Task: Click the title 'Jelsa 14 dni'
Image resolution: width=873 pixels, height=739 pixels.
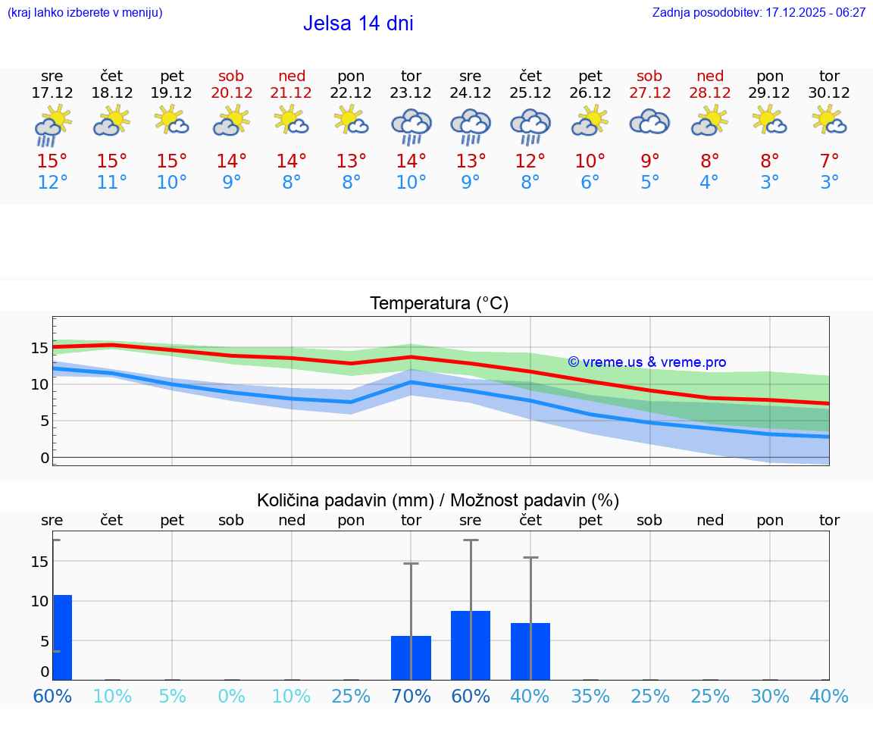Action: pyautogui.click(x=358, y=23)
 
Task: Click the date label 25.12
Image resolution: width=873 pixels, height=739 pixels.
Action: pyautogui.click(x=530, y=93)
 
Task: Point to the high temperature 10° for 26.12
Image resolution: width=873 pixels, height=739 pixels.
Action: pyautogui.click(x=590, y=161)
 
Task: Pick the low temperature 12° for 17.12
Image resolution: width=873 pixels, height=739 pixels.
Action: pyautogui.click(x=52, y=183)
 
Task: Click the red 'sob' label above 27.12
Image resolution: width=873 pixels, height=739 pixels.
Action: pyautogui.click(x=649, y=76)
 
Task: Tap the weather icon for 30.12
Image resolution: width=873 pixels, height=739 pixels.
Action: pyautogui.click(x=829, y=121)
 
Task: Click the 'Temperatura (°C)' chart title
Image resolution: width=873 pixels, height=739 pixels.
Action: pyautogui.click(x=439, y=304)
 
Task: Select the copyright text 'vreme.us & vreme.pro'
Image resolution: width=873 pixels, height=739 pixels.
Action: pyautogui.click(x=647, y=362)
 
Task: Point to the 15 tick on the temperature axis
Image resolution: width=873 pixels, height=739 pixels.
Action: pyautogui.click(x=39, y=348)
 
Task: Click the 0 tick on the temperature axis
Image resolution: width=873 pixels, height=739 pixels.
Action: pyautogui.click(x=44, y=458)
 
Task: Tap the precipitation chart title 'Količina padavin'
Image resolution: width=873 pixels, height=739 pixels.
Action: pyautogui.click(x=438, y=500)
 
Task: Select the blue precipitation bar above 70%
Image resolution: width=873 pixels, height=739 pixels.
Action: pyautogui.click(x=411, y=658)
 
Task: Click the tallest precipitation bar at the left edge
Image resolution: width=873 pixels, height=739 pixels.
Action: pyautogui.click(x=62, y=637)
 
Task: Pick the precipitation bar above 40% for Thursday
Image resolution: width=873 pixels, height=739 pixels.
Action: pyautogui.click(x=530, y=651)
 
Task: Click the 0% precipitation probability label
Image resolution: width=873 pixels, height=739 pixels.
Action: pyautogui.click(x=231, y=696)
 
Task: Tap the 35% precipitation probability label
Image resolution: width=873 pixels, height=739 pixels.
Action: pyautogui.click(x=590, y=696)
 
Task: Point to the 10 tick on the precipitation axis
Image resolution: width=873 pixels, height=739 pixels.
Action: pyautogui.click(x=39, y=601)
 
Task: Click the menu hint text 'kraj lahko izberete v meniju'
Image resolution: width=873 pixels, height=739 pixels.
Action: pyautogui.click(x=85, y=13)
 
